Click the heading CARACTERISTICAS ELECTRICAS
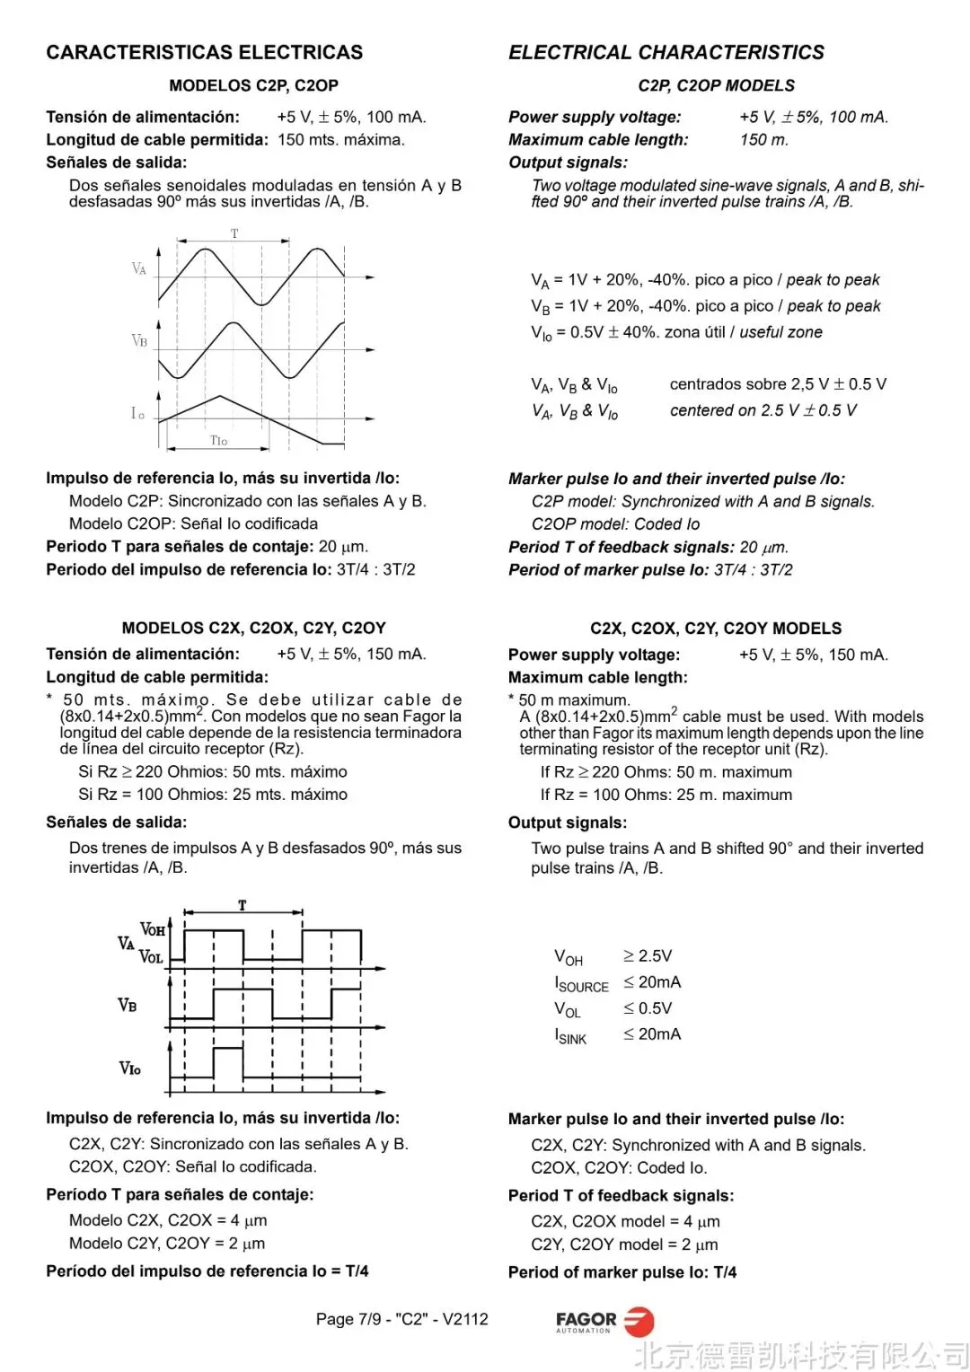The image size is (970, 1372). pyautogui.click(x=205, y=53)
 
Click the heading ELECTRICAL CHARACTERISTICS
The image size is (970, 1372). pyautogui.click(x=666, y=53)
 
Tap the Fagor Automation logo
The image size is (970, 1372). pyautogui.click(x=604, y=1322)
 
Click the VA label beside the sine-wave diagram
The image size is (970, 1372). pyautogui.click(x=139, y=268)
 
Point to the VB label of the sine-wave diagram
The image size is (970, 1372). pyautogui.click(x=139, y=341)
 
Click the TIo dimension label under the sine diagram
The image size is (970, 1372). pyautogui.click(x=218, y=441)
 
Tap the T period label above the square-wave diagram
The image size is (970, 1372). pyautogui.click(x=242, y=905)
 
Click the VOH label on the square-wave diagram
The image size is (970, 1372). pyautogui.click(x=153, y=929)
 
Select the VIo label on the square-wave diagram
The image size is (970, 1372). pyautogui.click(x=130, y=1068)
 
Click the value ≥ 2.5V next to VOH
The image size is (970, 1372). pyautogui.click(x=648, y=956)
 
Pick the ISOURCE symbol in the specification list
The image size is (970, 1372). pyautogui.click(x=581, y=984)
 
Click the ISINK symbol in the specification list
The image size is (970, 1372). pyautogui.click(x=570, y=1036)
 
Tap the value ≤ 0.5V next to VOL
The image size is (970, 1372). pyautogui.click(x=648, y=1008)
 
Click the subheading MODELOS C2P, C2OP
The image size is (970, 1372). pyautogui.click(x=253, y=86)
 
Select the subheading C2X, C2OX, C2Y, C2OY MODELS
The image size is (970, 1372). pyautogui.click(x=716, y=629)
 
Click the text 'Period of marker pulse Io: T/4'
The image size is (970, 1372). pyautogui.click(x=622, y=1272)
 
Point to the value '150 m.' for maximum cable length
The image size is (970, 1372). pyautogui.click(x=764, y=140)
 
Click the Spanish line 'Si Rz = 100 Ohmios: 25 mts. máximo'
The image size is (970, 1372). pyautogui.click(x=213, y=795)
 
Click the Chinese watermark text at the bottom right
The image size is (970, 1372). pyautogui.click(x=801, y=1354)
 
